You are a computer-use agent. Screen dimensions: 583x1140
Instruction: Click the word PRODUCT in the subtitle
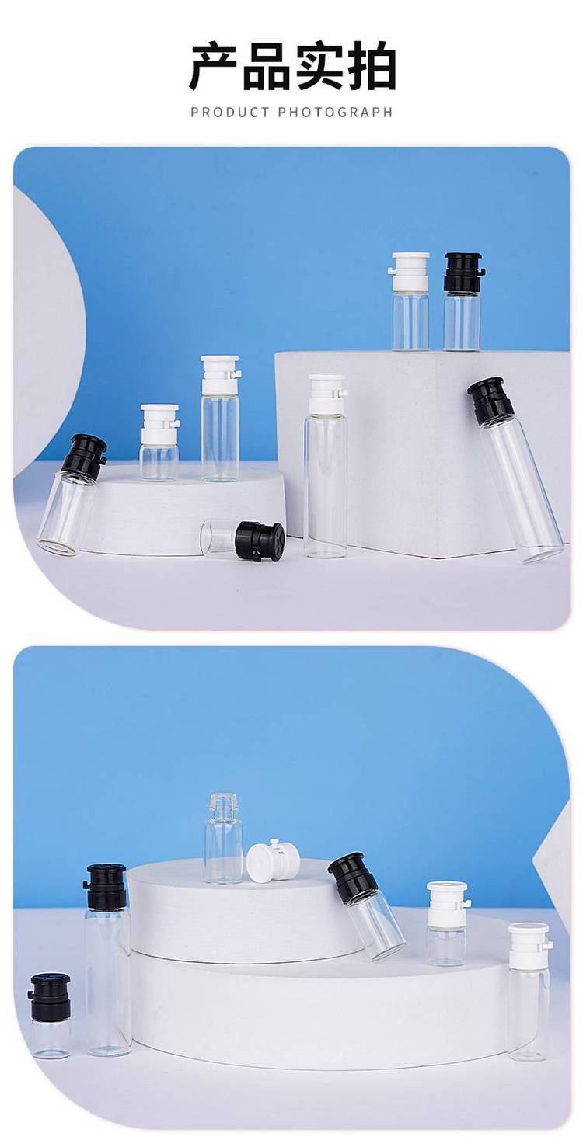(230, 112)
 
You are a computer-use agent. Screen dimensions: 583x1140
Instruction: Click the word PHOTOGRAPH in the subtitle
(335, 112)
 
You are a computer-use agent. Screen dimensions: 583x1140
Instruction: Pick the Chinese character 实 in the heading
(318, 67)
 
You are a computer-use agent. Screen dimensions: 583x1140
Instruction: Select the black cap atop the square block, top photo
(463, 272)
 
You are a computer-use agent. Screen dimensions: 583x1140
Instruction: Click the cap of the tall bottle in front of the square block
(326, 394)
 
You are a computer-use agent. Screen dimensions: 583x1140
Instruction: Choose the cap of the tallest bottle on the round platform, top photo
(220, 375)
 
